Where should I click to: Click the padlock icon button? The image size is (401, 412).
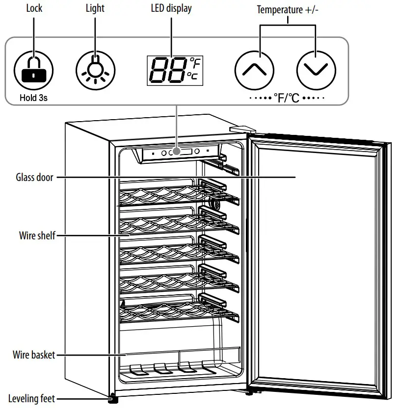(x=33, y=70)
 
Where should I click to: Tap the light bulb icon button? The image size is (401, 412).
(x=95, y=70)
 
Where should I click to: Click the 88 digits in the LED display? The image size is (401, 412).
(x=166, y=70)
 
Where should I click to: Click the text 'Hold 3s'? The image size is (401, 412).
(x=33, y=98)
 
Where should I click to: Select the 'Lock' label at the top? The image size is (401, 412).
(x=34, y=8)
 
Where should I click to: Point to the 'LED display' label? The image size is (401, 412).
(x=171, y=8)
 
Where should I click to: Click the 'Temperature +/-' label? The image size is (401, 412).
(x=288, y=9)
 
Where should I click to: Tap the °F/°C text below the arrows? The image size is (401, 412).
(x=287, y=98)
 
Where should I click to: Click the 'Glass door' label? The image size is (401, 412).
(x=34, y=177)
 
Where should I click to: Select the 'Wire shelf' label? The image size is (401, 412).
(x=37, y=235)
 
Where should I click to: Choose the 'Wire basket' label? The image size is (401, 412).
(x=34, y=355)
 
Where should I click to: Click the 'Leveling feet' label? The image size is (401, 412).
(x=31, y=399)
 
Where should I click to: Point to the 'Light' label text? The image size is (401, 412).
(x=95, y=8)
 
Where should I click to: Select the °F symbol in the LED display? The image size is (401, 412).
(x=195, y=63)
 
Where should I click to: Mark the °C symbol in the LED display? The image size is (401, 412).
(x=193, y=76)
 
